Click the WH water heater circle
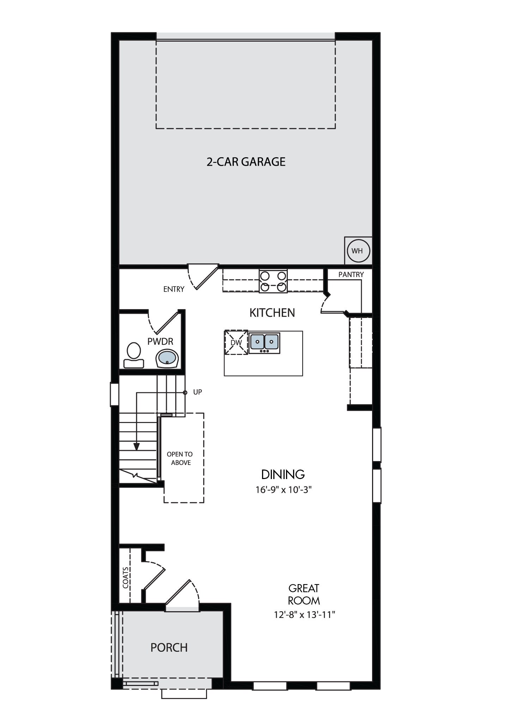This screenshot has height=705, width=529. point(358,251)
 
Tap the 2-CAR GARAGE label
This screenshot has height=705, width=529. point(246,162)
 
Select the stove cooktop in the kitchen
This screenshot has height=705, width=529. point(273,281)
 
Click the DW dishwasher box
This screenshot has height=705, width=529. point(236,342)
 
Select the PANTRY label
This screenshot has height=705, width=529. point(351,275)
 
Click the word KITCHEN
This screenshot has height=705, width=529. point(272,313)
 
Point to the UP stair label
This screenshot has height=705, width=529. point(197,392)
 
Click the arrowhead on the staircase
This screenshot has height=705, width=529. point(136,446)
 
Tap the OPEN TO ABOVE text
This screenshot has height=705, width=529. point(180,459)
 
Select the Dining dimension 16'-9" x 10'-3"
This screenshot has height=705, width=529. point(284,490)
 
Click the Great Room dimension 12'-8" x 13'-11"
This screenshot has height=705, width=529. point(304,614)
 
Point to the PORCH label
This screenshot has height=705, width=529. point(169,648)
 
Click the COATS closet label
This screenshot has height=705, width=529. point(126,577)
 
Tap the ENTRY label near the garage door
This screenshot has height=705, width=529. point(174,289)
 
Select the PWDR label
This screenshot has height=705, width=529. point(160,342)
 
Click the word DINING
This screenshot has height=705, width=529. point(283,474)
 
